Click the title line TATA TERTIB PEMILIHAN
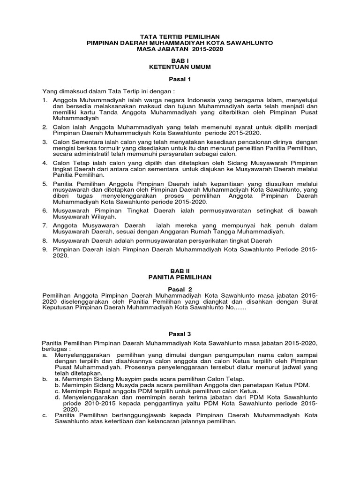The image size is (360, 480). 180,37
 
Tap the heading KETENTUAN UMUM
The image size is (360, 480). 180,67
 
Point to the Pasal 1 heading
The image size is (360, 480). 180,80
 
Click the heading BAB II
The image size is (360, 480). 180,271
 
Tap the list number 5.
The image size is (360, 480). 45,183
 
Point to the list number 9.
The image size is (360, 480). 45,250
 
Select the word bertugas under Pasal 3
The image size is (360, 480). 55,349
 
